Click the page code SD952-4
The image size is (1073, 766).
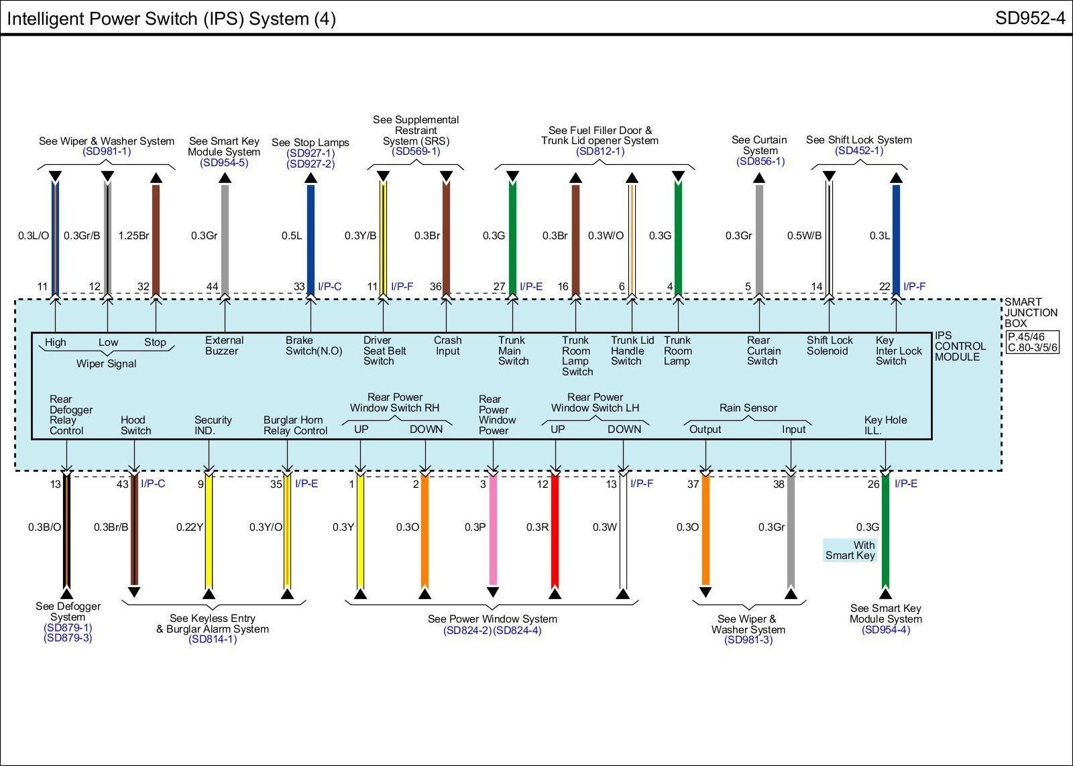point(1029,18)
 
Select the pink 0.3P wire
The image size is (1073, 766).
point(493,529)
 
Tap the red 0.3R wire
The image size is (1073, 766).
point(555,529)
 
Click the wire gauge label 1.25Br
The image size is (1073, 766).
point(133,236)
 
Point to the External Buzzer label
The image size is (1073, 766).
point(224,346)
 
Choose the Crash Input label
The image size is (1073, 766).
point(447,346)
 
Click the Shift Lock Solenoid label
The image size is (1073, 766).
point(830,346)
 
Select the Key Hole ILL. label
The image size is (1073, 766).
point(885,425)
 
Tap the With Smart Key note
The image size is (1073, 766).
point(850,550)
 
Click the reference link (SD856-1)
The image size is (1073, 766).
point(760,162)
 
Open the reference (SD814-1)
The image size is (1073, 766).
point(213,639)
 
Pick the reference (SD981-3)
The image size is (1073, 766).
point(748,640)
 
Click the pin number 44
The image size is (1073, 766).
point(212,287)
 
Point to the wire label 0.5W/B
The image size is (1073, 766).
point(804,236)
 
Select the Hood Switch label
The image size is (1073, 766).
point(135,425)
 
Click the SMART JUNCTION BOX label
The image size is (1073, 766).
point(1031,312)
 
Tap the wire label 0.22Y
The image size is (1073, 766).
point(189,527)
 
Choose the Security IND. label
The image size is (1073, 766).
point(213,425)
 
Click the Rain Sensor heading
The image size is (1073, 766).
point(748,407)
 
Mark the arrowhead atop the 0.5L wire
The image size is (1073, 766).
point(310,178)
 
